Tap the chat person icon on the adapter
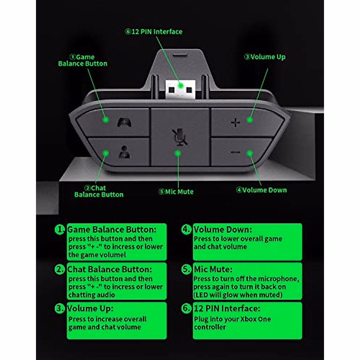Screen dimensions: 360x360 tap(124, 152)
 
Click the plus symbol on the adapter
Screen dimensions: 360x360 tap(236, 122)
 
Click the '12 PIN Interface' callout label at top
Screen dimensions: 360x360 tap(154, 31)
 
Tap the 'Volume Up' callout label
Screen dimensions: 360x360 tap(265, 57)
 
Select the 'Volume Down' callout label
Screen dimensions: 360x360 tap(261, 190)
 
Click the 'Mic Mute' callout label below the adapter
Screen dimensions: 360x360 tap(176, 192)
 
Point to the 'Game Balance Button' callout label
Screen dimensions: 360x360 tap(82, 60)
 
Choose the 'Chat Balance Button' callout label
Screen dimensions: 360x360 tap(99, 191)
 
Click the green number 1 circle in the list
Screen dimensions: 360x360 tap(60, 230)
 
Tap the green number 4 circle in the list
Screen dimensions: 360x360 tap(187, 229)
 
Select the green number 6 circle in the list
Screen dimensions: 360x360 tap(187, 308)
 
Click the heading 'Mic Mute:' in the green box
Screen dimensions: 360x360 tap(213, 269)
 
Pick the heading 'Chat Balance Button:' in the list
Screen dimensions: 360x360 tap(109, 269)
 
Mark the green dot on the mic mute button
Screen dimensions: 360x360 tap(178, 153)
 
